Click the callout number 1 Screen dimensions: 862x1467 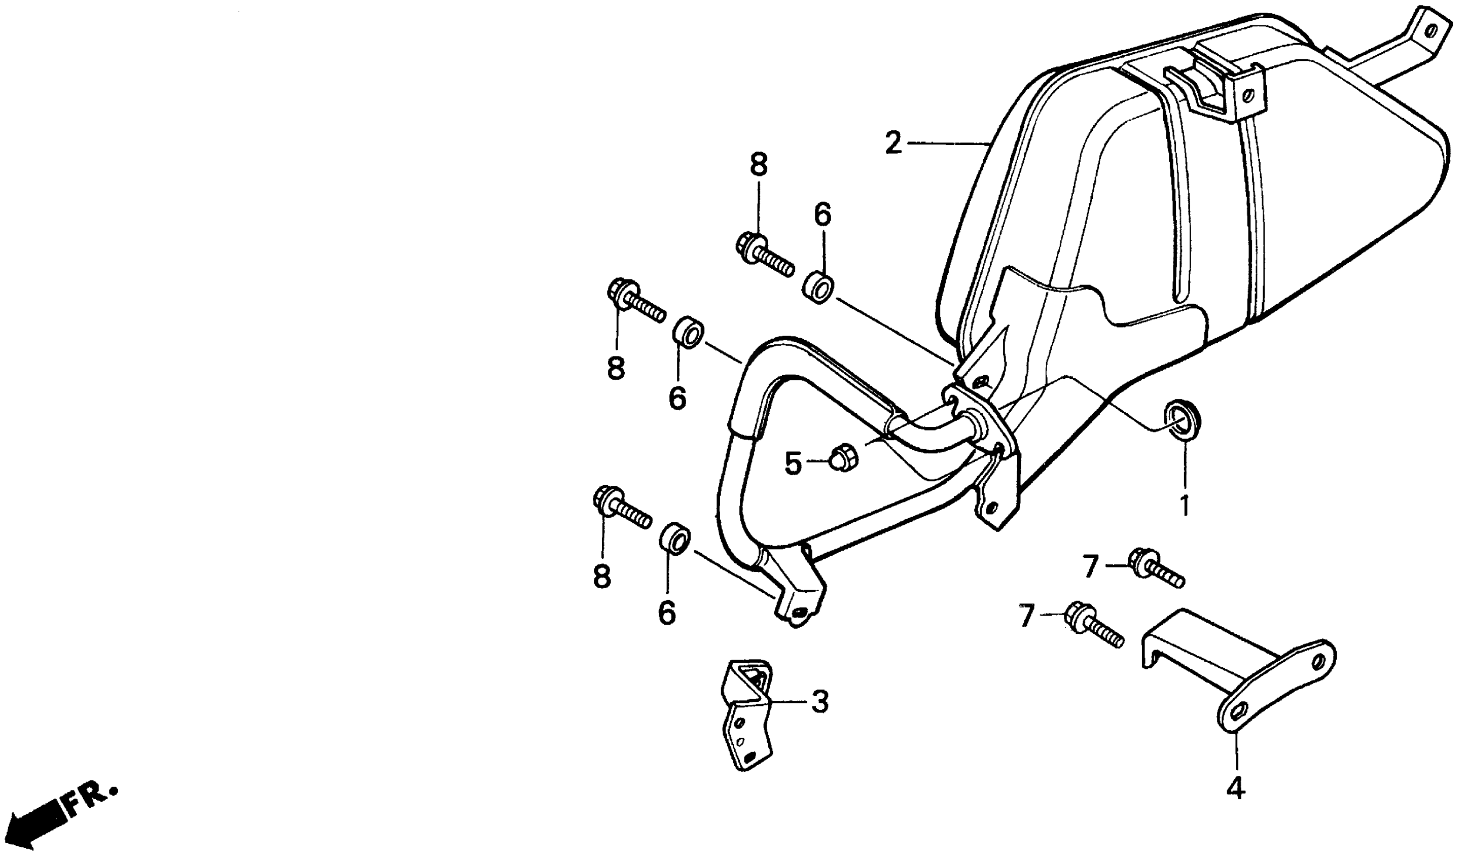tap(1185, 507)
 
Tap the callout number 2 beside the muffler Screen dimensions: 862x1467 tap(893, 143)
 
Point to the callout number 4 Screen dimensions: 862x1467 tap(1235, 788)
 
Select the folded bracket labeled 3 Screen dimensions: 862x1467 tap(746, 716)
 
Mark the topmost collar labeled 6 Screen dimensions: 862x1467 tap(819, 287)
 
